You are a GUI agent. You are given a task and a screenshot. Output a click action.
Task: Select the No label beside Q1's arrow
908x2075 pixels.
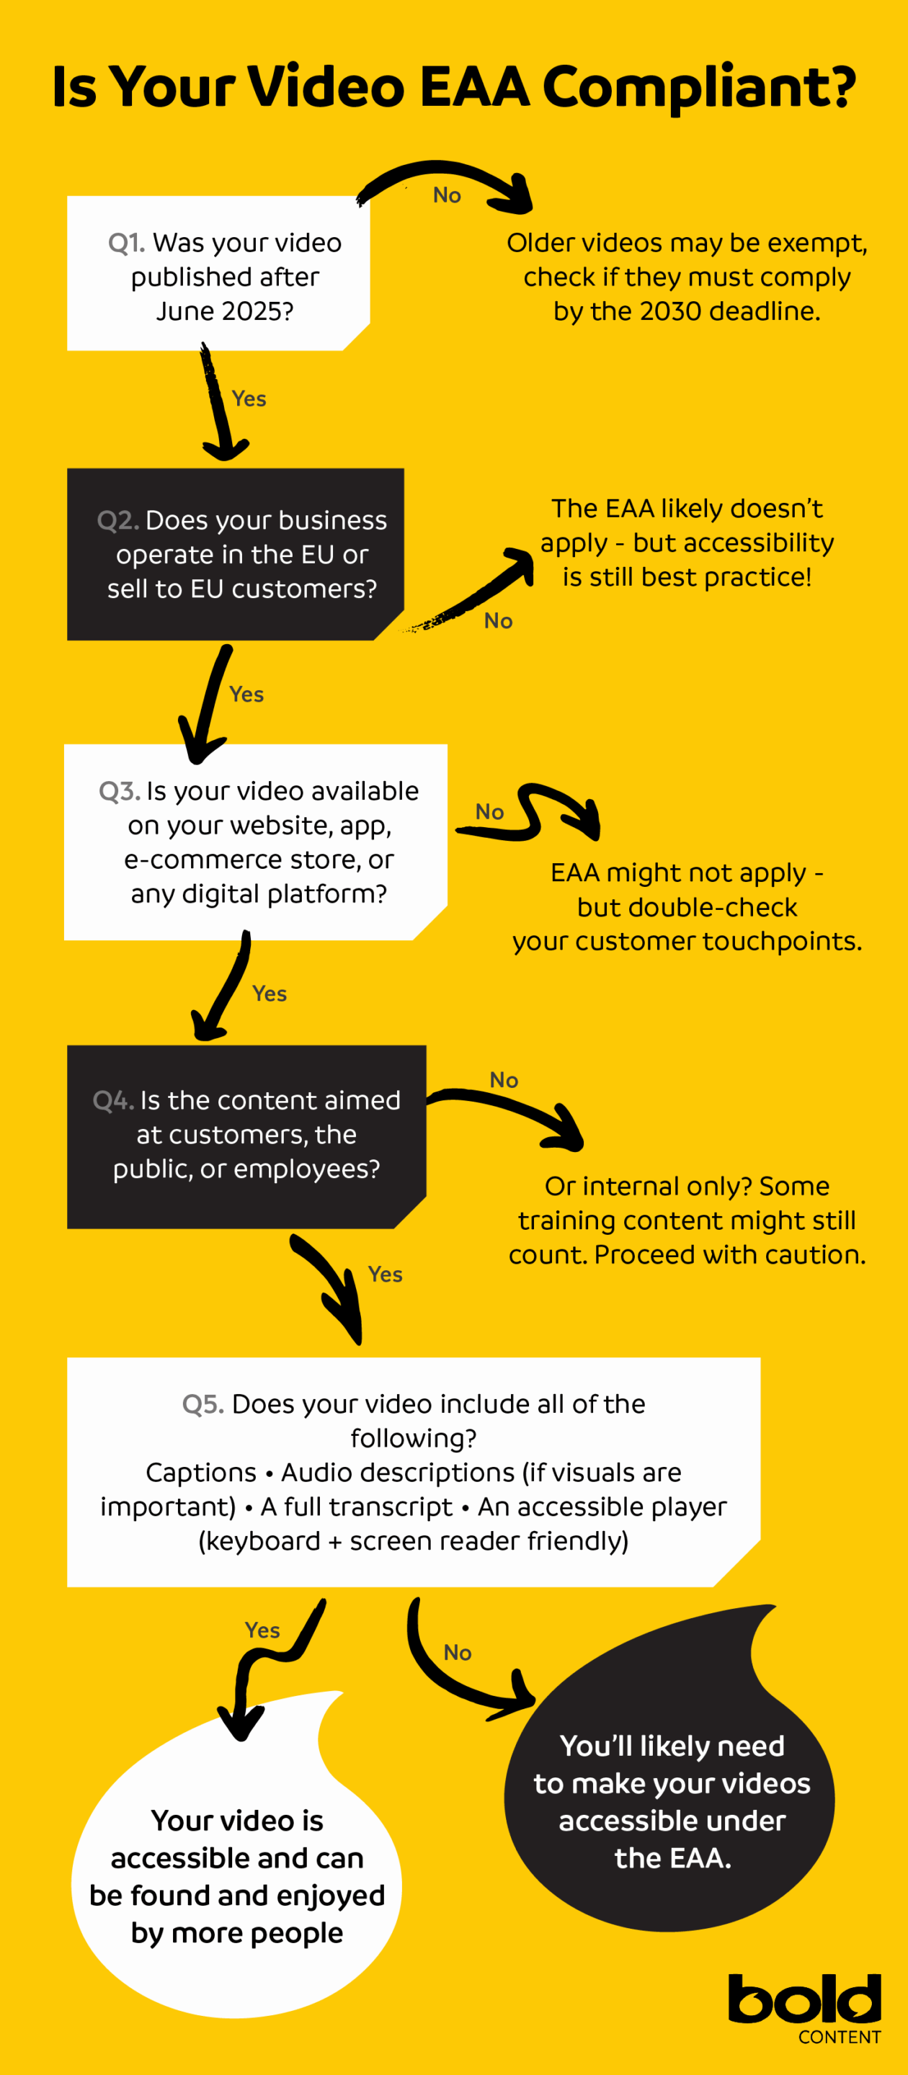446,195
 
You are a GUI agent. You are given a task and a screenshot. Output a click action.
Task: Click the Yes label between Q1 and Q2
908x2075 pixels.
248,398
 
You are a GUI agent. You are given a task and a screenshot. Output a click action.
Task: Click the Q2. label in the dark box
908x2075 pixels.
117,520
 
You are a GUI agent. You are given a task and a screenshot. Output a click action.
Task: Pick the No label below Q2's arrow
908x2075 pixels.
498,621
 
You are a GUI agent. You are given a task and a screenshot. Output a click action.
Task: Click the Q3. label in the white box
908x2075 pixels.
119,791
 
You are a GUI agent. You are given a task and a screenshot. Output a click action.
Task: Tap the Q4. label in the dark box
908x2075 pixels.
113,1100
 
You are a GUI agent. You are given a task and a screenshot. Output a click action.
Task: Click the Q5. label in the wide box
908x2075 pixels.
202,1404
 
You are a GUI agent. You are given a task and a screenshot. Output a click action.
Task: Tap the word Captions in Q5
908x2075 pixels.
200,1473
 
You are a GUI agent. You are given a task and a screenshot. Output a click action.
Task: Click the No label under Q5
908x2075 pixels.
457,1653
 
